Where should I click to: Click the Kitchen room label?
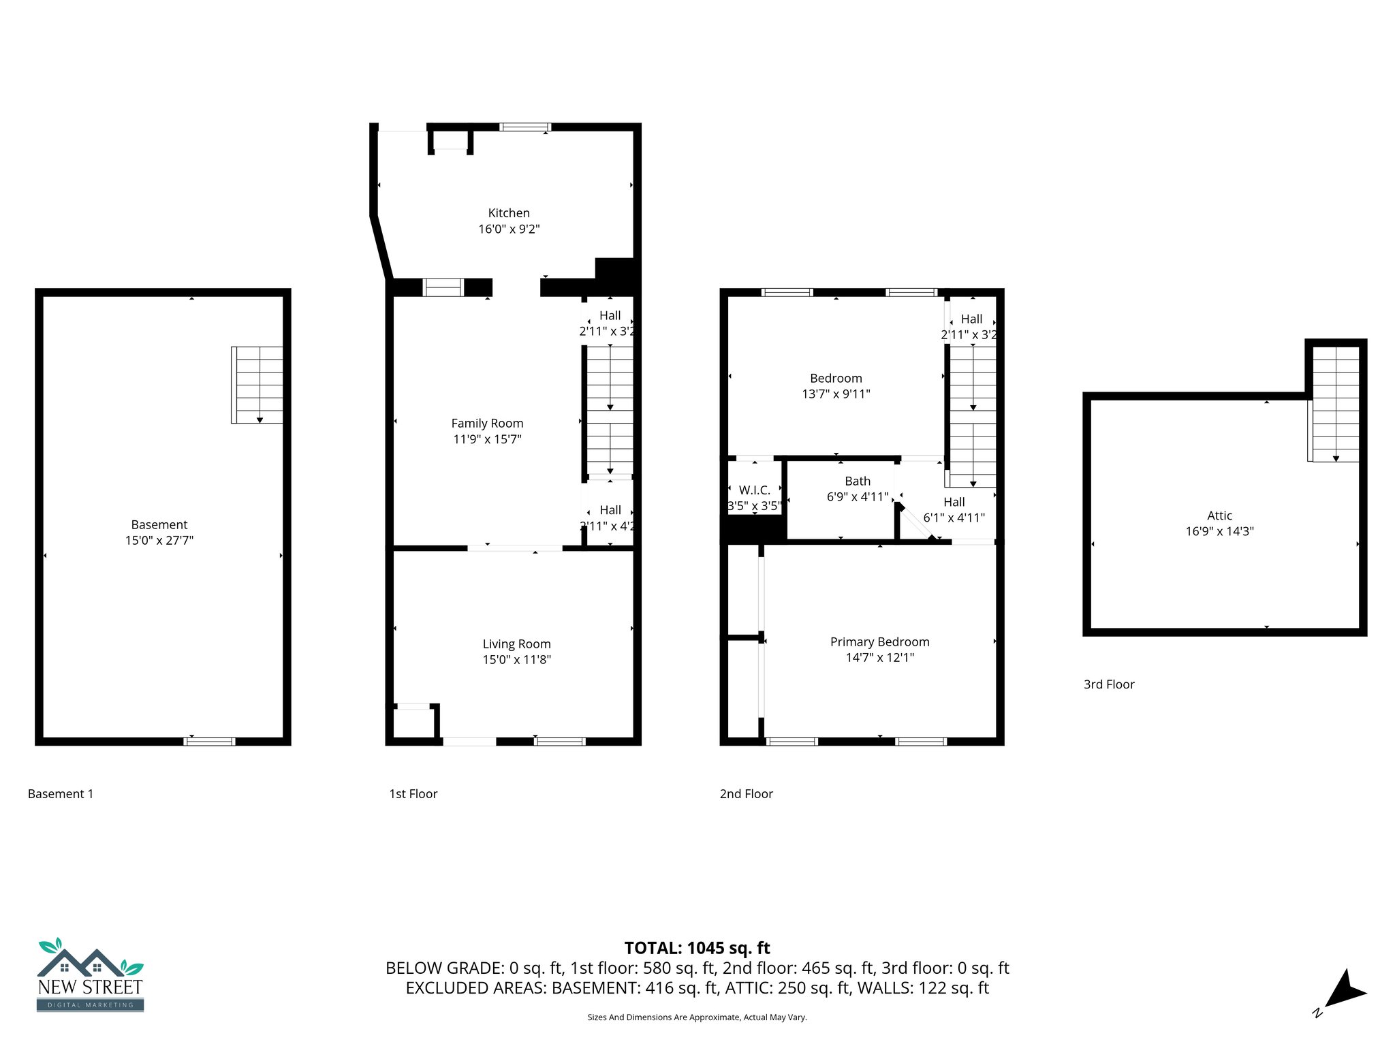coord(508,213)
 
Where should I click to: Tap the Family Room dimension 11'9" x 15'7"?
coord(487,439)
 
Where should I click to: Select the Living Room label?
coord(516,644)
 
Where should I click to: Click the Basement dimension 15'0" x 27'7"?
coord(159,540)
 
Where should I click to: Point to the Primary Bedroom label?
coord(879,641)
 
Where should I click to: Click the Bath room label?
coord(857,481)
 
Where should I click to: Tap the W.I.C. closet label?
coord(754,490)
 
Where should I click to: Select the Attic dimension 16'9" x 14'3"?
coord(1219,531)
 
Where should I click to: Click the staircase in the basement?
coord(257,385)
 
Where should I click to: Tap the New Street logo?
coord(90,975)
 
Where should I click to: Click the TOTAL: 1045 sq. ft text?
coord(697,947)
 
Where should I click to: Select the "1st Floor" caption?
coord(413,793)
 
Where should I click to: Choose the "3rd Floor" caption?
coord(1108,684)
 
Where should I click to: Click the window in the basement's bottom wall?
coord(209,741)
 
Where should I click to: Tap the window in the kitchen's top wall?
coord(524,127)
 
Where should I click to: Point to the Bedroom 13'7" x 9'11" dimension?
coord(836,394)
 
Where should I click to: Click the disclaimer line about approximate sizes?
coord(697,1017)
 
